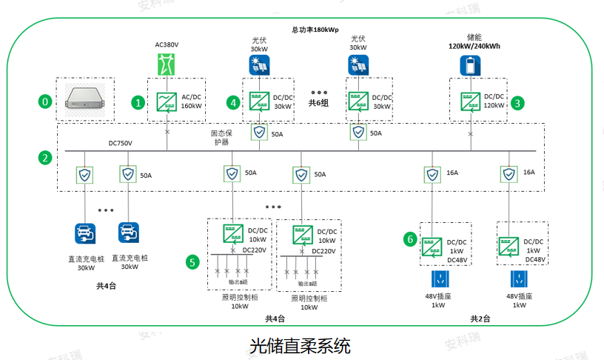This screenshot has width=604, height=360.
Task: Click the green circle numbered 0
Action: tap(45, 101)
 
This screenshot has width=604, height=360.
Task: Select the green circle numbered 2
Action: tap(45, 158)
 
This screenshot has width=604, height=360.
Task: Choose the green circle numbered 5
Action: tap(192, 261)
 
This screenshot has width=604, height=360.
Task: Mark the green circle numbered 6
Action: tap(409, 239)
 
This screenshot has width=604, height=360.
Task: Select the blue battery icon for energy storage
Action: tap(470, 67)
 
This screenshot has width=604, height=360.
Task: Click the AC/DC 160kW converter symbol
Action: tap(167, 101)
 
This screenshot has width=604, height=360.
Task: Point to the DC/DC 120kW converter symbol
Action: tap(469, 101)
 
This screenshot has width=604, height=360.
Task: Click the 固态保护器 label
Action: tap(222, 137)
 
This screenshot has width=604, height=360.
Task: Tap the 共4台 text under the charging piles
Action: tap(106, 286)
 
